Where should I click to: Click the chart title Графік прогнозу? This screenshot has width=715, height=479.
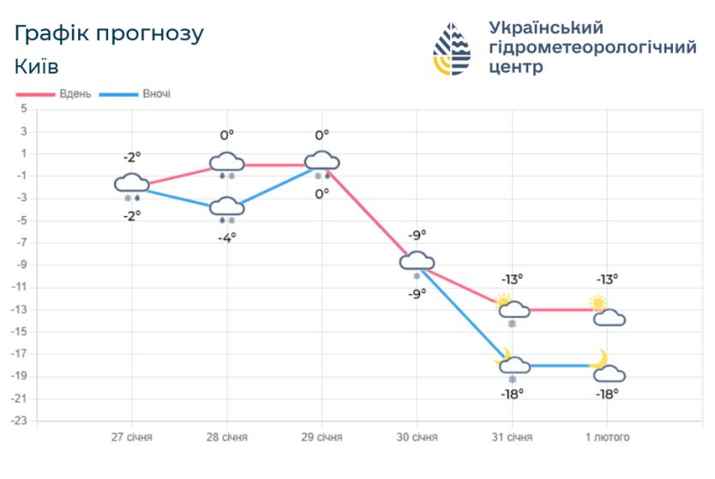click(109, 34)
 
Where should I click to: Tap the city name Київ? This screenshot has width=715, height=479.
click(37, 66)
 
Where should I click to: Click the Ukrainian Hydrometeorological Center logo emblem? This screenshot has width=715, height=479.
click(452, 49)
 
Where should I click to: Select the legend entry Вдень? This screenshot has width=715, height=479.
click(75, 93)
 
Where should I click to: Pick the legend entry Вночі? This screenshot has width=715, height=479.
click(155, 93)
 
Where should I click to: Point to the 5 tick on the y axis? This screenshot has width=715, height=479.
click(24, 109)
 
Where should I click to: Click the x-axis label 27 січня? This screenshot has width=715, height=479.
click(132, 437)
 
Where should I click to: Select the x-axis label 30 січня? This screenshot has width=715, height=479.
click(417, 437)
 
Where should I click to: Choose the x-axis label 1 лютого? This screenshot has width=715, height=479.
click(607, 437)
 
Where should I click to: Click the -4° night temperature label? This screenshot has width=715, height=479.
click(227, 237)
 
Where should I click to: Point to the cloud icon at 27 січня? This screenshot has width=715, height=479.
click(132, 183)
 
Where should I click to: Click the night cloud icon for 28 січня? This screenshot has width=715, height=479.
click(227, 206)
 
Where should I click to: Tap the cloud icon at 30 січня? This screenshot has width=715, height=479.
click(417, 261)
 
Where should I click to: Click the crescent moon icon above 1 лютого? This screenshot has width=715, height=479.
click(598, 358)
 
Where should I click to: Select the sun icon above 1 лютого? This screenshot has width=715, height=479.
click(598, 302)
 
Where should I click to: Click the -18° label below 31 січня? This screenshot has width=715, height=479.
click(513, 393)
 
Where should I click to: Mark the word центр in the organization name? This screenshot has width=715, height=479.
click(515, 67)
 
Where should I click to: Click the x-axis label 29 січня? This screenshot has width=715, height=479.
click(321, 437)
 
